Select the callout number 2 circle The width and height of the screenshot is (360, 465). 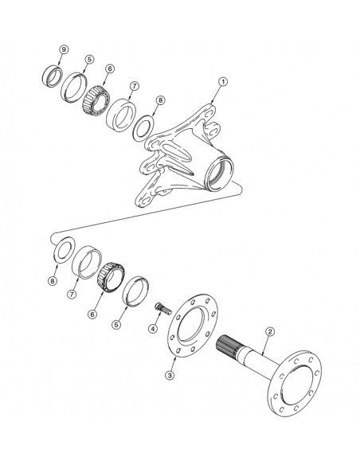pos(270,330)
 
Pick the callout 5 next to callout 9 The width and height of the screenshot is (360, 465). pos(89,60)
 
